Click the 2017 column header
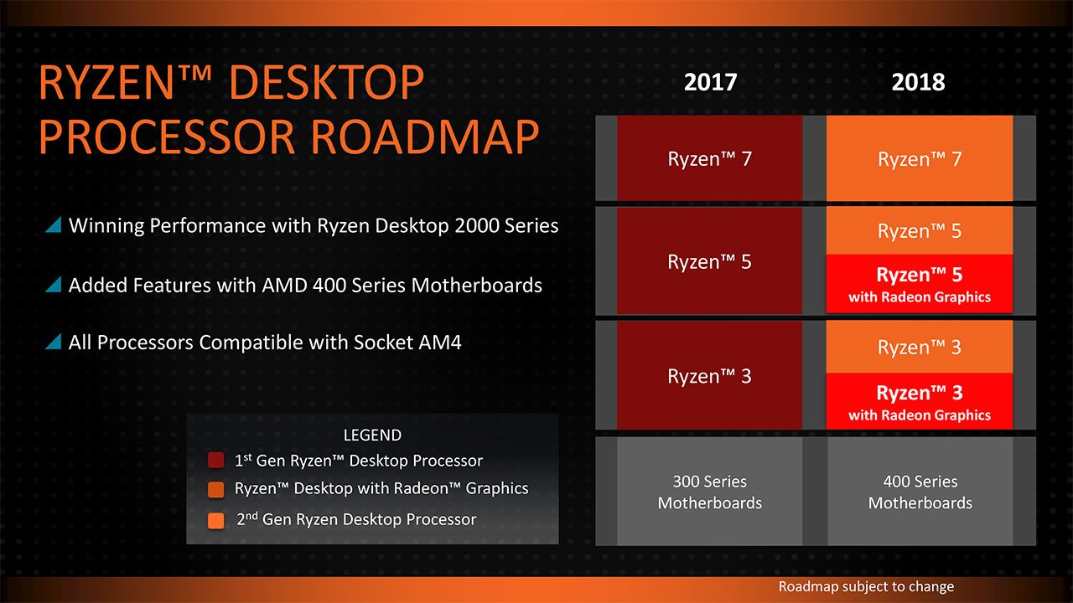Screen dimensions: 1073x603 coord(710,82)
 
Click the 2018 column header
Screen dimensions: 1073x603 coord(918,82)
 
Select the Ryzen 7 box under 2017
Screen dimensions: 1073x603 coord(709,158)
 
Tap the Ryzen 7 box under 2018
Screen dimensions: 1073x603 coord(920,158)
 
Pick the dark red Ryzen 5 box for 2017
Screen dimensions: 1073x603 coord(709,260)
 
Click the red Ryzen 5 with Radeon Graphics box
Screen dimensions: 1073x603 coord(920,283)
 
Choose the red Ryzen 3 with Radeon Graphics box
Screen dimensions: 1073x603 coord(920,401)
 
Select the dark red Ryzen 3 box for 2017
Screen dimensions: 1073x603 coord(709,375)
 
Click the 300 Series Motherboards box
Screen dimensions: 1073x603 coord(709,492)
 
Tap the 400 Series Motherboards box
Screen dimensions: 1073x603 coord(920,492)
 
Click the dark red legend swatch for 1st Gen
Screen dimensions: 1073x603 coord(216,461)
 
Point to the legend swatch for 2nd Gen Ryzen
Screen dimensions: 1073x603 coord(216,521)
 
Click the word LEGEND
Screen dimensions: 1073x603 coord(372,435)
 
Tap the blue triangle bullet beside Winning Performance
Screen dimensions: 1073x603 coord(53,224)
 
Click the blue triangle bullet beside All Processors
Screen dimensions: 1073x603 coord(53,342)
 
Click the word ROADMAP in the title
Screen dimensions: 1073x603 coord(425,137)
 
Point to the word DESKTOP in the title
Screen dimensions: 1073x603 coord(327,82)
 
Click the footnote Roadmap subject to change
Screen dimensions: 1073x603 coord(866,587)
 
